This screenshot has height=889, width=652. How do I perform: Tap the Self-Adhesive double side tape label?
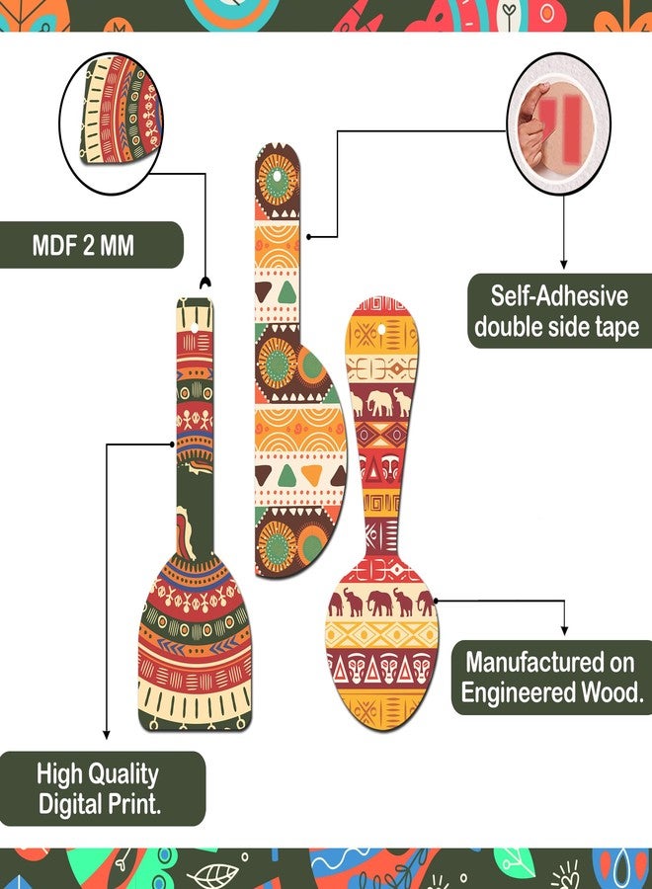558,311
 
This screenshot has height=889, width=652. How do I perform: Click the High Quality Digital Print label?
99,788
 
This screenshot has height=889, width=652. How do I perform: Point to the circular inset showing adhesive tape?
558,124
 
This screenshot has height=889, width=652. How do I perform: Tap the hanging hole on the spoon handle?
381,329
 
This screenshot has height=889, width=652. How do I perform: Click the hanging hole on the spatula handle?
195,328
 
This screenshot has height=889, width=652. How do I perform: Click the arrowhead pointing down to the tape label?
563,264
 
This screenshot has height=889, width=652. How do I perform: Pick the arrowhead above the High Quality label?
106,734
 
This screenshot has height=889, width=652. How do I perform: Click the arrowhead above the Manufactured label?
564,630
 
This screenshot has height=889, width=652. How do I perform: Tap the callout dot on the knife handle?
308,236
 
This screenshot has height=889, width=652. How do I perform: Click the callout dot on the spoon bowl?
436,601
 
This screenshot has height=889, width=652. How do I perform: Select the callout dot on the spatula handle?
172,444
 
